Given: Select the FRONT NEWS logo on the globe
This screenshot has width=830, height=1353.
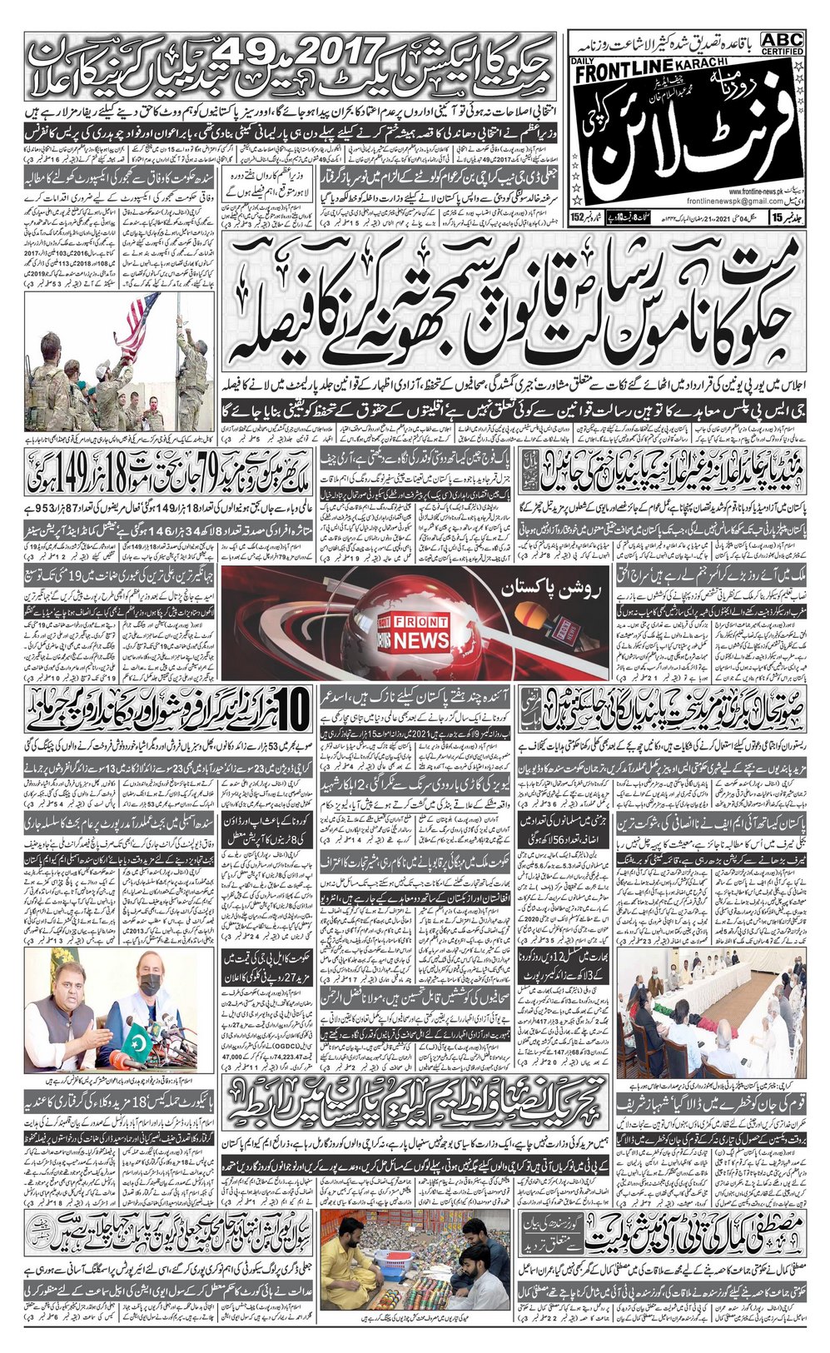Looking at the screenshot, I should [x=420, y=633].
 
